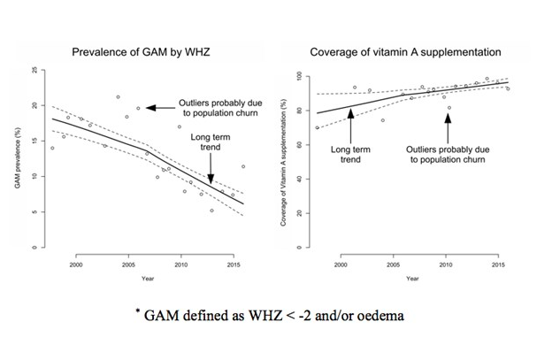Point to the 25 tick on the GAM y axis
point(34,70)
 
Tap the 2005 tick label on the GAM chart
point(128,264)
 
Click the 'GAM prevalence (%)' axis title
point(19,159)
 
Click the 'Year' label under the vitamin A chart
point(412,279)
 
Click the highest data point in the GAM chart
point(118,97)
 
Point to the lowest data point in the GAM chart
point(211,211)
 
